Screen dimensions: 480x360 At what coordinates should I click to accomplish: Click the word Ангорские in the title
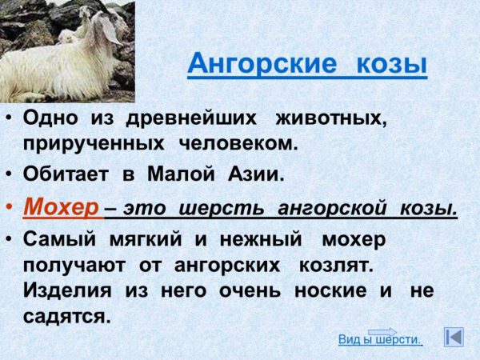pos(262,63)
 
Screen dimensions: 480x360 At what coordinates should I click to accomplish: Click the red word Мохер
pos(61,207)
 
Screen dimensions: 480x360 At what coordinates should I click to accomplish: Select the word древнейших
pos(191,118)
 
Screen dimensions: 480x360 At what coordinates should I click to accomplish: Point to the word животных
pos(330,118)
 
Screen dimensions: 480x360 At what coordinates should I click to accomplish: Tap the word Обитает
pos(66,174)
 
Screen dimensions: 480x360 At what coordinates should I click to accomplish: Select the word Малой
pos(181,174)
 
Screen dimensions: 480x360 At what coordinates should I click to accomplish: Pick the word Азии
pos(256,174)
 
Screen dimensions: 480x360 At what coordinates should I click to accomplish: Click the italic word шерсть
pos(221,209)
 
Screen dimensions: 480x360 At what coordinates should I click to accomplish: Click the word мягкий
pos(146,239)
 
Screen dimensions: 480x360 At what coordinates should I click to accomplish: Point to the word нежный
pos(261,239)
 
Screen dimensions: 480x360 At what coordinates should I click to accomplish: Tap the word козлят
pos(336,265)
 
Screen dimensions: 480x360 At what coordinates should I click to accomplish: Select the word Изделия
pos(67,290)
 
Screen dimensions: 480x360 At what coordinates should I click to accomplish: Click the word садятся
pos(66,317)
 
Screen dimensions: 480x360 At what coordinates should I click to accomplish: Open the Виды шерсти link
pos(380,340)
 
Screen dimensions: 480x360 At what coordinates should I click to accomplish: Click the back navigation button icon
pos(454,337)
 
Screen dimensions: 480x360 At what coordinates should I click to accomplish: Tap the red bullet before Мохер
pos(9,207)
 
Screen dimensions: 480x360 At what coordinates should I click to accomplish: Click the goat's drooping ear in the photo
pos(110,30)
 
